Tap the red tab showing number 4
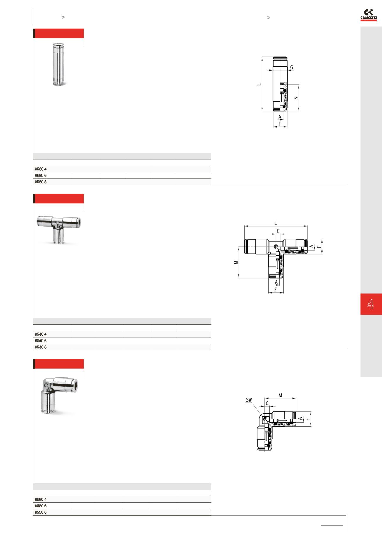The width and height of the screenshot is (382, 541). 371,304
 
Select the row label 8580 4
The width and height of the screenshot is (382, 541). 41,169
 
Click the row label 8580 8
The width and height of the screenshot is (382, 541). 41,182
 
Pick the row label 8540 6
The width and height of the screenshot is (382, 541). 41,341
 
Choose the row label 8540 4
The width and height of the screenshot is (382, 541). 41,334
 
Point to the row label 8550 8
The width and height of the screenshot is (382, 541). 41,512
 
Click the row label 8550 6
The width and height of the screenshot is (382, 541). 41,506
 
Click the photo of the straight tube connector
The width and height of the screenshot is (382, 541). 59,64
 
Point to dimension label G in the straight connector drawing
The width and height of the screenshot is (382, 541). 291,67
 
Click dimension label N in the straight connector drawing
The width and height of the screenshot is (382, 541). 296,98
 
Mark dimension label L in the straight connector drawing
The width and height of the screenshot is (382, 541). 259,84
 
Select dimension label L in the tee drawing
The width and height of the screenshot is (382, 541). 276,223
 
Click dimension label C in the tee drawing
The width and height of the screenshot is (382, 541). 278,231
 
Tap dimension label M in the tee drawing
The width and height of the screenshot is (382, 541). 236,262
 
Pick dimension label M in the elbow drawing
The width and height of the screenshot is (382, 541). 280,395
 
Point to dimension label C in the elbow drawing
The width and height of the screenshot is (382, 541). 267,403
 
